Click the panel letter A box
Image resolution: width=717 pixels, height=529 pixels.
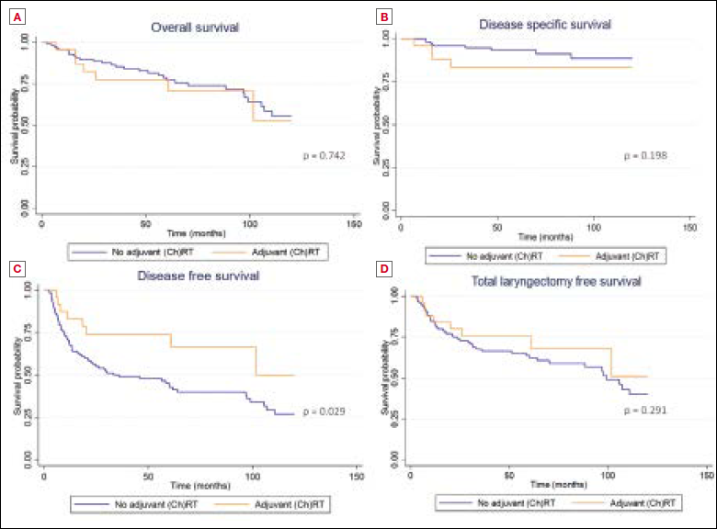point(17,17)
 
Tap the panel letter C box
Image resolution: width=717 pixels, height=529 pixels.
point(17,268)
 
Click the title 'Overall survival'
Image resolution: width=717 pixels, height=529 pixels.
point(195,28)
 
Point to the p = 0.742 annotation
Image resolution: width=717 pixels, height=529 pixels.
point(325,157)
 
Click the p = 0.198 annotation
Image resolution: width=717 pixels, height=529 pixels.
point(645,155)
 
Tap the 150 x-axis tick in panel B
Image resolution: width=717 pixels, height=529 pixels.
point(690,225)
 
